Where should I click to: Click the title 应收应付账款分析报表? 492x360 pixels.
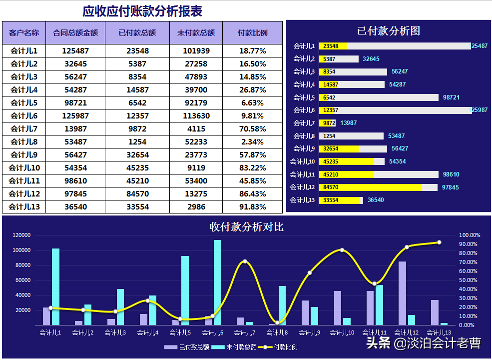click(x=142, y=11)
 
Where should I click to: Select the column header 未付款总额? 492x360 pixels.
click(x=196, y=33)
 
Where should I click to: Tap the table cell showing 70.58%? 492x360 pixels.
click(x=252, y=129)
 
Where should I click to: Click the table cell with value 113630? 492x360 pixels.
click(x=196, y=116)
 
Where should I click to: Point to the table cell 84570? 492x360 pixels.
click(x=137, y=194)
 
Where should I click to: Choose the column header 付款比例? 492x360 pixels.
click(x=252, y=33)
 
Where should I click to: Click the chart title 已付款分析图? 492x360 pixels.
click(x=389, y=30)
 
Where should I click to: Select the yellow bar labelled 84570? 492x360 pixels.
click(x=370, y=187)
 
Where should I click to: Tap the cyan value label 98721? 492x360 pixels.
click(x=451, y=97)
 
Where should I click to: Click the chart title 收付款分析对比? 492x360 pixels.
click(x=247, y=227)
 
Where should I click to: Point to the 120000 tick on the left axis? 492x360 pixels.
click(x=21, y=235)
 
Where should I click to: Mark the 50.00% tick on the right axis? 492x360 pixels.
click(x=470, y=280)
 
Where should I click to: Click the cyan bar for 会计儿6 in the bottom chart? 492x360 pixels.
click(x=218, y=282)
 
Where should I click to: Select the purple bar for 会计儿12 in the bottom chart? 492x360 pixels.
click(x=402, y=293)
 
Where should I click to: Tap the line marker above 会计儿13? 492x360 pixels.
click(x=439, y=242)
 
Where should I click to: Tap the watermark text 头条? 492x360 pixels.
click(x=378, y=343)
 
